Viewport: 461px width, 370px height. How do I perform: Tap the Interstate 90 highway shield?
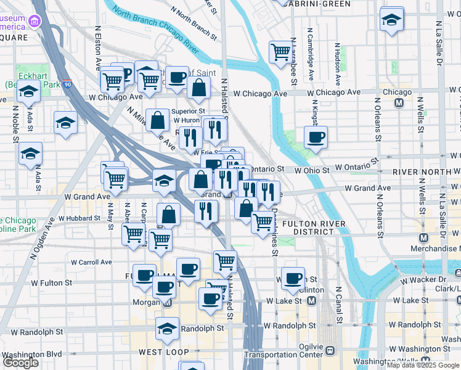tap(68, 84)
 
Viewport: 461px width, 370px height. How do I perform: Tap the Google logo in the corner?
tap(20, 363)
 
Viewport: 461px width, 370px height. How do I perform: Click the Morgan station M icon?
tap(167, 302)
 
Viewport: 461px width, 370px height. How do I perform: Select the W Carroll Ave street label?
tap(91, 262)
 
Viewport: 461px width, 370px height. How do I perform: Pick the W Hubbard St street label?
tap(79, 218)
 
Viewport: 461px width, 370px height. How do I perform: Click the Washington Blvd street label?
tap(31, 355)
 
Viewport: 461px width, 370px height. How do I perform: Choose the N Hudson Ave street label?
tap(337, 64)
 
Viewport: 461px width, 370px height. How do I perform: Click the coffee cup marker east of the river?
tap(316, 138)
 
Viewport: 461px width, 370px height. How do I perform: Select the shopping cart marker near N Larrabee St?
tap(280, 52)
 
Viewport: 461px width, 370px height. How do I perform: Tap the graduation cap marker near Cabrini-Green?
tap(391, 19)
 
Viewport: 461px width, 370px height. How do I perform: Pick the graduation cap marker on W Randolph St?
tap(167, 329)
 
